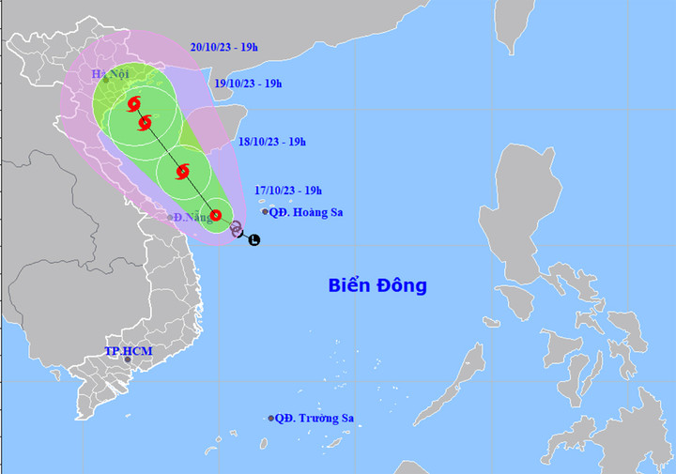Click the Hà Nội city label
(x=110, y=74)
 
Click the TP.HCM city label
(x=128, y=351)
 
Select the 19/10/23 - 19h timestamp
(x=249, y=84)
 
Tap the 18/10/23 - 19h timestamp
(x=273, y=142)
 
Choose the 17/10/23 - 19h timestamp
(x=288, y=191)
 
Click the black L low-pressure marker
(x=253, y=240)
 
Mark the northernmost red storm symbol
(x=133, y=104)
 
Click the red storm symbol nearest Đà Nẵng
(x=215, y=215)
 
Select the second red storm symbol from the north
(x=145, y=123)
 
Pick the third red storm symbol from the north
(x=182, y=171)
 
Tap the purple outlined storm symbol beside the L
(x=236, y=227)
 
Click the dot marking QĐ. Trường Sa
(x=271, y=419)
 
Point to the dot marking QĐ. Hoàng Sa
(x=265, y=212)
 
